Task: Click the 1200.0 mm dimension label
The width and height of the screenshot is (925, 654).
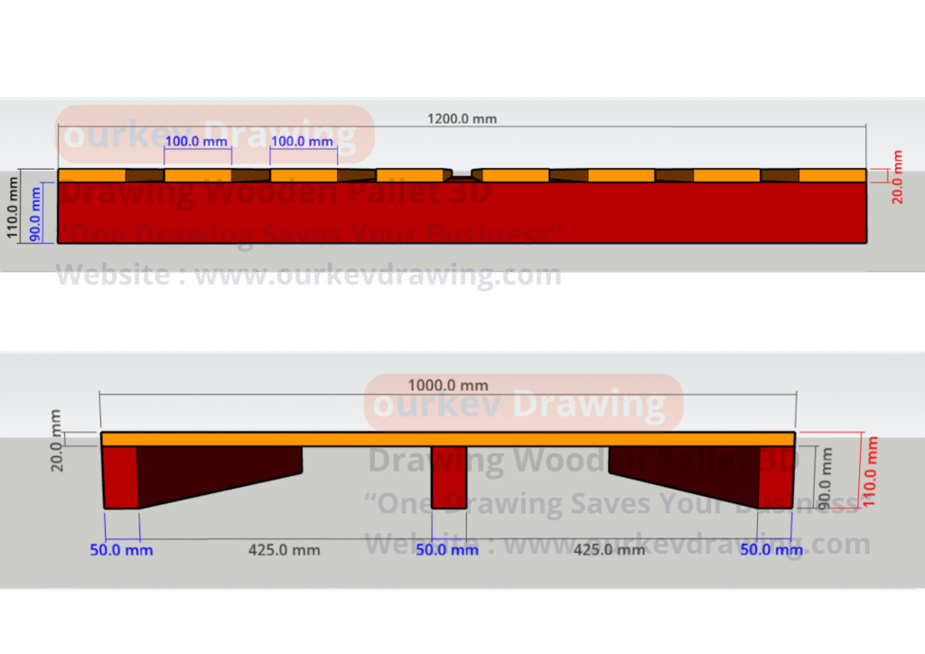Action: tap(462, 118)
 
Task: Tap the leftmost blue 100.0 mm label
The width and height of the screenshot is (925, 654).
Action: tap(196, 142)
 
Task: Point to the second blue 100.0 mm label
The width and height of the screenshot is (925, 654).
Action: tap(303, 142)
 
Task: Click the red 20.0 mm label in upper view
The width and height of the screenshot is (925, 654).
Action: tap(896, 177)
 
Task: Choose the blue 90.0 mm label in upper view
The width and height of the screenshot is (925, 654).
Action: tap(35, 212)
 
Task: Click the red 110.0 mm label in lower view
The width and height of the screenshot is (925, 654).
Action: tap(871, 472)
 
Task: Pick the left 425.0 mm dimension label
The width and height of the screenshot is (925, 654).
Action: tap(285, 549)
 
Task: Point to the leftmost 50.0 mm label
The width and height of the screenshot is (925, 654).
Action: tap(121, 549)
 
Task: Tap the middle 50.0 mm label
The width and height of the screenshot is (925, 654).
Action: tap(447, 549)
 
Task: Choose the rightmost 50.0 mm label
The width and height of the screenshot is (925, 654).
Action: tap(771, 549)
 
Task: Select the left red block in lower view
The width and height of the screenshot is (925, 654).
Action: tap(119, 477)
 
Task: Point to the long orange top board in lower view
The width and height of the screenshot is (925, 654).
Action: tap(448, 439)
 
